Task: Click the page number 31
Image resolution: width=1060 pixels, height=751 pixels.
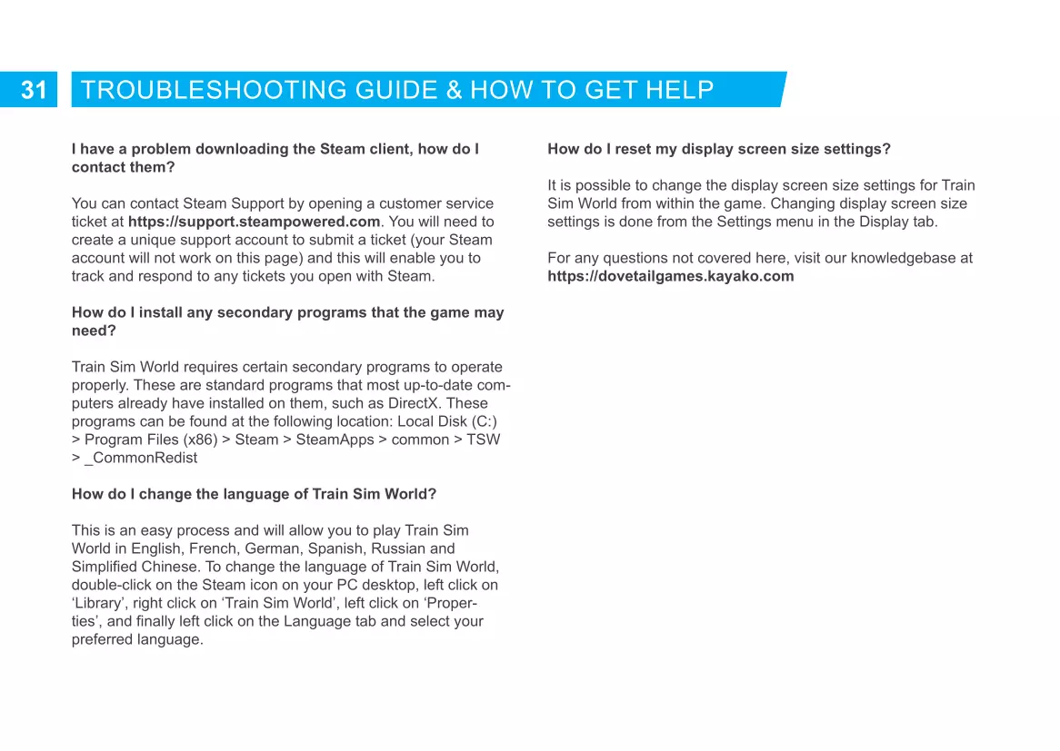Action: tap(34, 90)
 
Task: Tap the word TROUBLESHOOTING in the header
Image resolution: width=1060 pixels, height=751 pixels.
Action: tap(214, 90)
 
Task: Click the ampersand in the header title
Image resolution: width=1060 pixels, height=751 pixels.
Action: tap(454, 90)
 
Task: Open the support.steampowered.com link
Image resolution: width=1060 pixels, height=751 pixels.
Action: tap(254, 222)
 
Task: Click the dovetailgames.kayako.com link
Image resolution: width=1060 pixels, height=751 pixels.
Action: tap(670, 276)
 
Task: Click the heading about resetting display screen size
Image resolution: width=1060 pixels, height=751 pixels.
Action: tap(718, 149)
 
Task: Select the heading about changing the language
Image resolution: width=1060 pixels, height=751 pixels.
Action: tap(254, 494)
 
